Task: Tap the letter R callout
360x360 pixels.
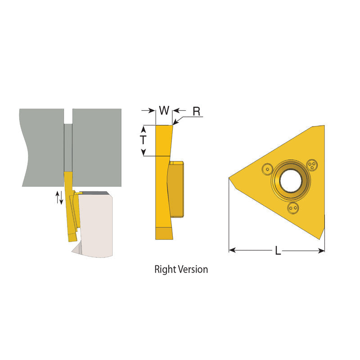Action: [x=196, y=112]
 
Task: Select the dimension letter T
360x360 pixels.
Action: [x=143, y=140]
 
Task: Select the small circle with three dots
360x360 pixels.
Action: [x=311, y=164]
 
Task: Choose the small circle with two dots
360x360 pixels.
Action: [x=293, y=207]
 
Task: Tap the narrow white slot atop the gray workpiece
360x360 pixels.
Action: [x=67, y=116]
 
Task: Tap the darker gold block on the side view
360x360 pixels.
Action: [x=177, y=189]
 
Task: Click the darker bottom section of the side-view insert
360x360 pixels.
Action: [x=164, y=234]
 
